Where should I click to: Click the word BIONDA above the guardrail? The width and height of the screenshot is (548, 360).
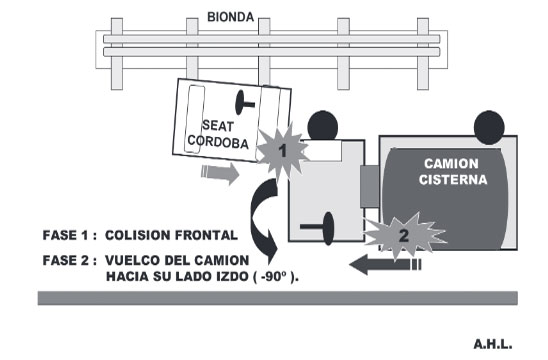231,17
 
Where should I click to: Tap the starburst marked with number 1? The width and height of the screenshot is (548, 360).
282,152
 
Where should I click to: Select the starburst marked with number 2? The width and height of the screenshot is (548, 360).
404,235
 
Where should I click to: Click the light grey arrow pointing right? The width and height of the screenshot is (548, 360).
220,173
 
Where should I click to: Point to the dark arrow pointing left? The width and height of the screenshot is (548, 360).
385,265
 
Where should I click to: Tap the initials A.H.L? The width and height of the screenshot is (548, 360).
493,344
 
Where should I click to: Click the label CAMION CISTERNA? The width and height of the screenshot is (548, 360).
453,172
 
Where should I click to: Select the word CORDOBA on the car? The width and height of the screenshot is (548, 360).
218,142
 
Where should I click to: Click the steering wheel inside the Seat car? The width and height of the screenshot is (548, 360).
244,103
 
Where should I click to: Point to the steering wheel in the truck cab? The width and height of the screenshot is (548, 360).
318,228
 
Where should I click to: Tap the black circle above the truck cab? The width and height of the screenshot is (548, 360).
323,126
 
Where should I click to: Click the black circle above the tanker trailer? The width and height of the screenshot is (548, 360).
489,128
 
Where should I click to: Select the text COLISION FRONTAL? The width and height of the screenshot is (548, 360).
171,235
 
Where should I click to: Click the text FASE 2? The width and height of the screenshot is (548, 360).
66,260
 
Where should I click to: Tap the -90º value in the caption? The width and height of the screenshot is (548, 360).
274,276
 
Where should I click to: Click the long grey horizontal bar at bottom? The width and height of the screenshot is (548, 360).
278,298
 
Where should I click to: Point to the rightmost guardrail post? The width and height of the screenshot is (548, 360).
423,54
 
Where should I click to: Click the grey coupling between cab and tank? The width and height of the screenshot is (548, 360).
370,186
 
